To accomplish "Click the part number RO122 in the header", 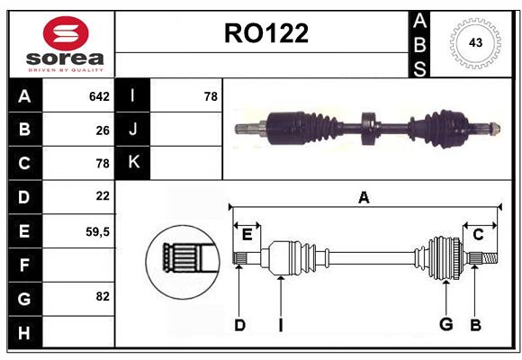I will (265, 33).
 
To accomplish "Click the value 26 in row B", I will (103, 130).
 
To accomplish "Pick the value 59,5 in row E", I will (97, 231).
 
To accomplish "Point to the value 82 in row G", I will (103, 296).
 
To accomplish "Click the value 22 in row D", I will (103, 195).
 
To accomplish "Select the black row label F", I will (24, 265).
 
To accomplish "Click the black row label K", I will (133, 162).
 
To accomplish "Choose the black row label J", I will (133, 129).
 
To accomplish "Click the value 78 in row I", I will (211, 95).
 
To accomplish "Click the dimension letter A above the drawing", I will (364, 198).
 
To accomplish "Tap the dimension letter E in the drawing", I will (247, 235).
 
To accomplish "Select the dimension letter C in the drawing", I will (478, 235).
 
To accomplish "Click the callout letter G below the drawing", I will (445, 325).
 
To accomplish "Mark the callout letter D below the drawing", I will (239, 325).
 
